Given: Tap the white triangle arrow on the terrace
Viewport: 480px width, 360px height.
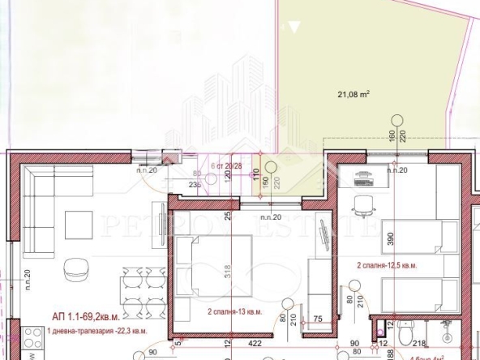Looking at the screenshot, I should click(294, 28).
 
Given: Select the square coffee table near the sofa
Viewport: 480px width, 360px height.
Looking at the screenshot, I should click(79, 224).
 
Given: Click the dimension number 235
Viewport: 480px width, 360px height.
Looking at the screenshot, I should click(194, 184).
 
